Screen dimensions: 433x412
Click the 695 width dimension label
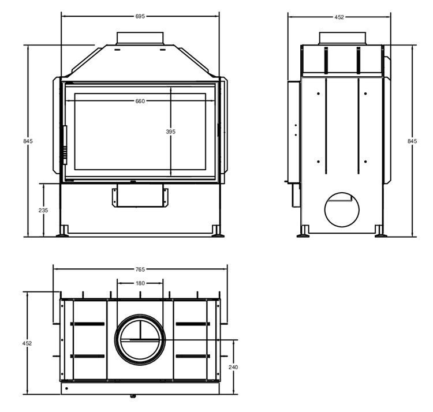point(140,17)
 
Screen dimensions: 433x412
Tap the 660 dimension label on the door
point(140,102)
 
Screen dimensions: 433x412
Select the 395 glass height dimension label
point(171,132)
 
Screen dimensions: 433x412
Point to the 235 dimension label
point(43,210)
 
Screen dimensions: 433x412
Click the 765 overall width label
point(140,269)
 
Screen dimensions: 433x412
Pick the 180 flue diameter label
point(140,283)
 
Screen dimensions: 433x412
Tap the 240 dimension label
point(233,368)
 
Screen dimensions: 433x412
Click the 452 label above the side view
point(339,17)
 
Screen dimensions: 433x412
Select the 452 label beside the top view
point(27,343)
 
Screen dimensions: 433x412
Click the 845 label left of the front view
point(28,141)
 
